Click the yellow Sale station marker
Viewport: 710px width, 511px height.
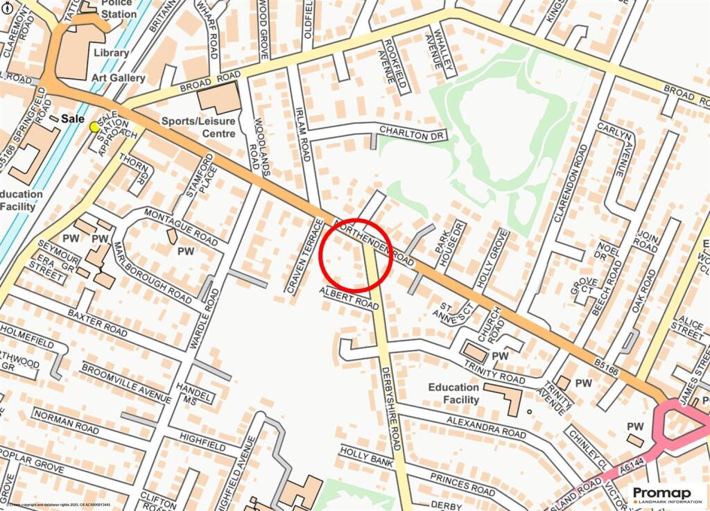(94, 126)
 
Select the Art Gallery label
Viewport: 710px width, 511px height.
(119, 78)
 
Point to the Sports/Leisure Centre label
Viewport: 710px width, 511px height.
(199, 126)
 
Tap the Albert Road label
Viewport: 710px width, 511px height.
(349, 296)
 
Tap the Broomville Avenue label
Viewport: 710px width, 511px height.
(125, 382)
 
